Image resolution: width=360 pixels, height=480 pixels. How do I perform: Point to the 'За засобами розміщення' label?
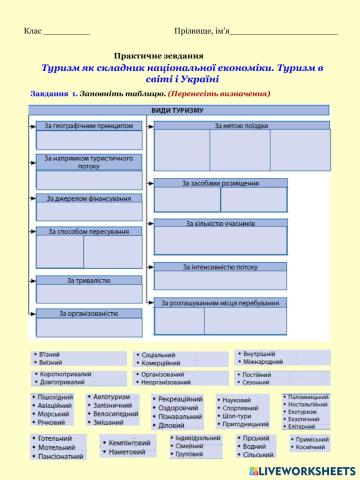pos(221,183)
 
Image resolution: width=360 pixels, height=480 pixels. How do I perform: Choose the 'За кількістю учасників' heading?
pos(221,223)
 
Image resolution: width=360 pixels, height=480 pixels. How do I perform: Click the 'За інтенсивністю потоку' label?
pos(221,267)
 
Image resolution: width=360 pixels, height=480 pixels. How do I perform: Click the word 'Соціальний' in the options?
pos(159,355)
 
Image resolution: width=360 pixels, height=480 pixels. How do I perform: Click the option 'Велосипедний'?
pos(116,413)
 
